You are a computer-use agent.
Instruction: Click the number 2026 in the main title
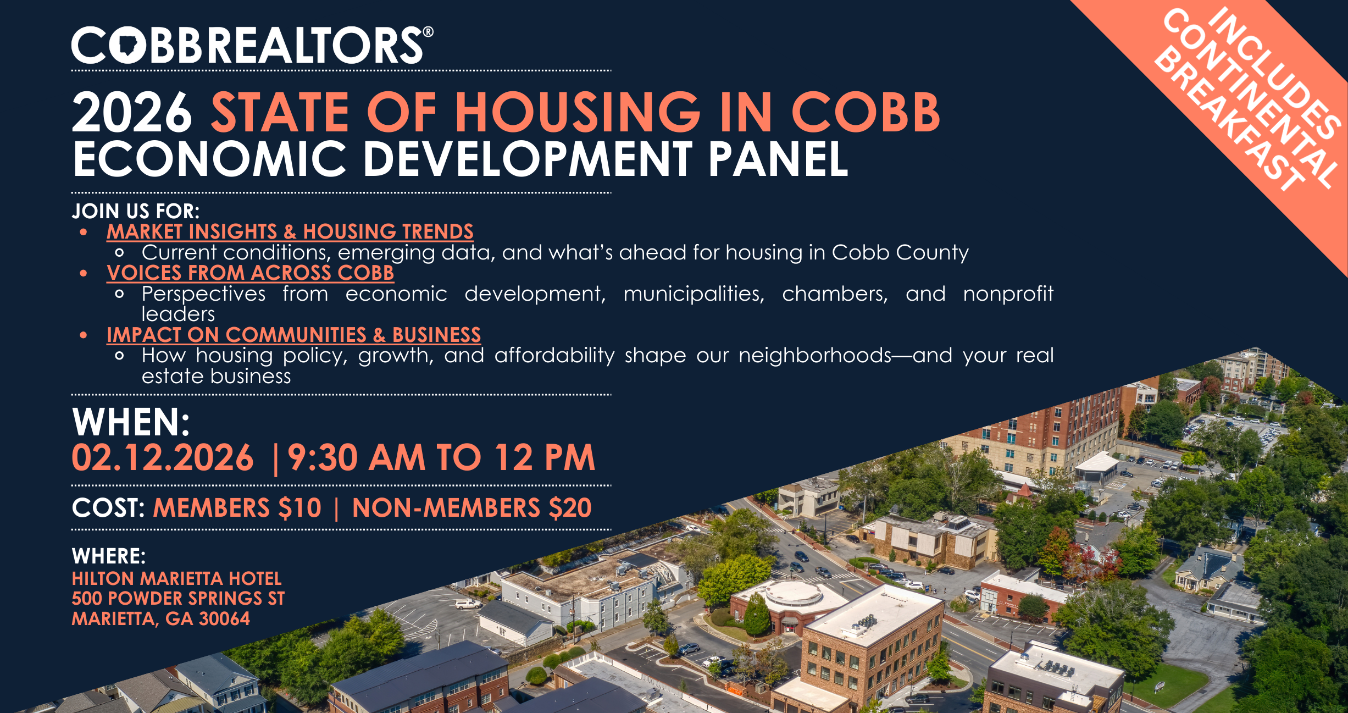[132, 112]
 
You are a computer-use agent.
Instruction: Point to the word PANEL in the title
[778, 159]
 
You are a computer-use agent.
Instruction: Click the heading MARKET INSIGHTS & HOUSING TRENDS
[290, 231]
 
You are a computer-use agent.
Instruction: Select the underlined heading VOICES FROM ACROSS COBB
[251, 273]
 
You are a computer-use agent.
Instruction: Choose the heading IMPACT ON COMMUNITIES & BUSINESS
[294, 335]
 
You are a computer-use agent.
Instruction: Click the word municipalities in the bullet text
[694, 294]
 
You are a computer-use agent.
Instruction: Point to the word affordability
[554, 356]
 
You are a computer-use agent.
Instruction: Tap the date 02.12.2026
[163, 457]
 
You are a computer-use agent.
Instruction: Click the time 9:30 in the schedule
[323, 457]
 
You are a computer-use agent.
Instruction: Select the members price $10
[299, 507]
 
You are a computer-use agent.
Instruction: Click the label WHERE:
[109, 556]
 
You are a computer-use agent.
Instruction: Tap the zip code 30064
[224, 619]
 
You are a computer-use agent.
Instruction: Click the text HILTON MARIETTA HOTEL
[176, 578]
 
